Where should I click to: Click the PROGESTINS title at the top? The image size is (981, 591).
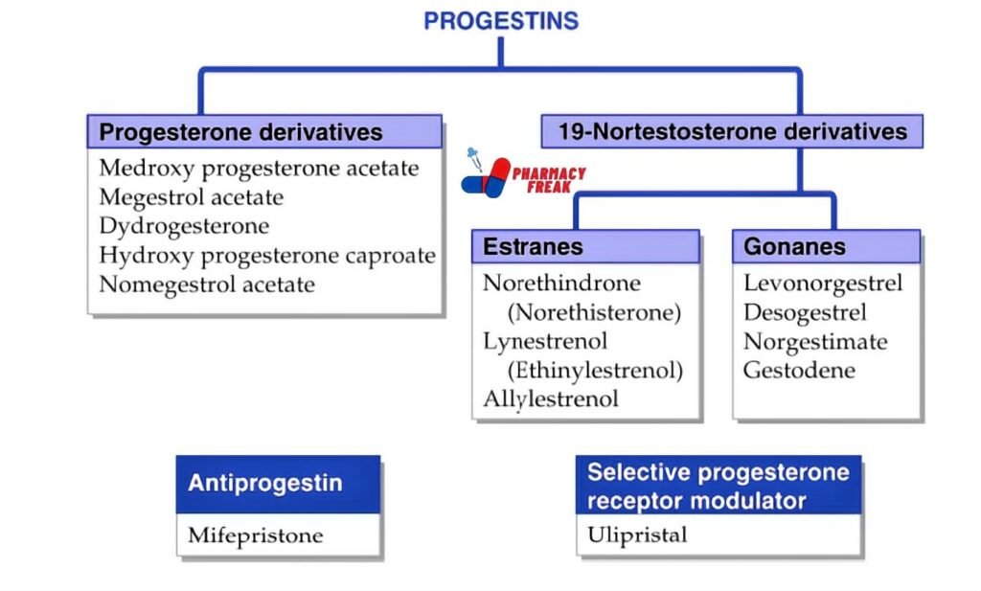(x=500, y=21)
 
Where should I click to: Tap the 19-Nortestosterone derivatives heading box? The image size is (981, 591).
(x=732, y=131)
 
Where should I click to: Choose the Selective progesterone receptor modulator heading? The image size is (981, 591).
(x=719, y=486)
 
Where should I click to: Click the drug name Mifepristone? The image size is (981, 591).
(x=255, y=535)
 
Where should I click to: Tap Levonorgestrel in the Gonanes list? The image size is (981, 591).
(x=822, y=284)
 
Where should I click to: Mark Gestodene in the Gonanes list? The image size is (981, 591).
(x=799, y=371)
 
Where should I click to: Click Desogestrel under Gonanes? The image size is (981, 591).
(x=805, y=313)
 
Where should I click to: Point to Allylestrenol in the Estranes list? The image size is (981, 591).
(x=551, y=399)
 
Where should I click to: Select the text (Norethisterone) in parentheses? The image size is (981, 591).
(x=594, y=312)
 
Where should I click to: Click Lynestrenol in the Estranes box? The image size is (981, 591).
(x=545, y=341)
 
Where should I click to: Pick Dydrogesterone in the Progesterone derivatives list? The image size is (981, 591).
(x=184, y=226)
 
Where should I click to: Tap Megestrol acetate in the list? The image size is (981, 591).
(x=191, y=197)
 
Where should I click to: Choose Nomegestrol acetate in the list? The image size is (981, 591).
(x=207, y=284)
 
